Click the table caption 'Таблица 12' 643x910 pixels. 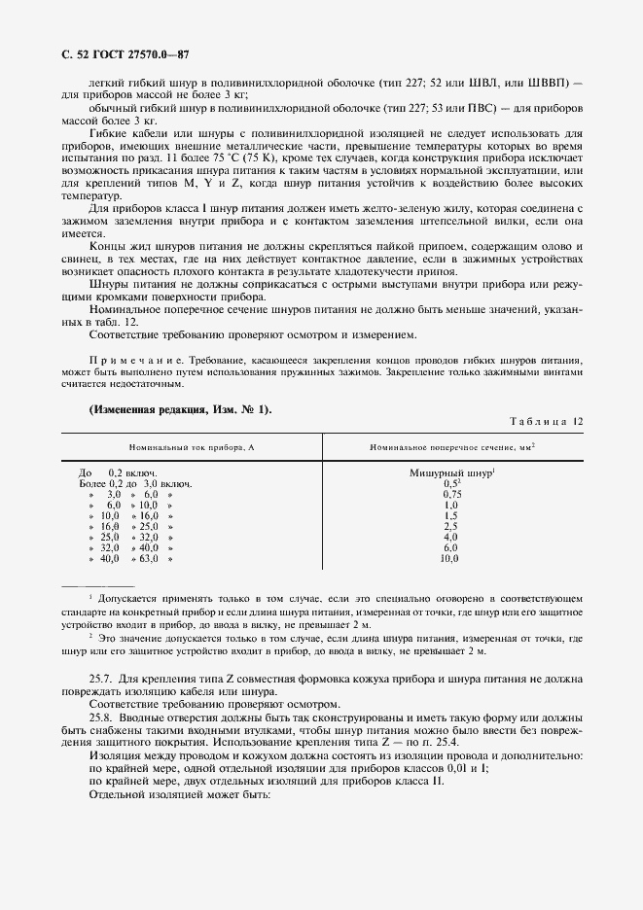click(546, 420)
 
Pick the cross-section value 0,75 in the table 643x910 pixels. click(450, 494)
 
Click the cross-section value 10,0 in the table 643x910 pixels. click(450, 559)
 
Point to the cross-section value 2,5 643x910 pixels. click(450, 526)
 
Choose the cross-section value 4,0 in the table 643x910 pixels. click(450, 537)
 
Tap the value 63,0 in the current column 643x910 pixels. click(148, 559)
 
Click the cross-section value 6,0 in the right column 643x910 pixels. click(450, 548)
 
